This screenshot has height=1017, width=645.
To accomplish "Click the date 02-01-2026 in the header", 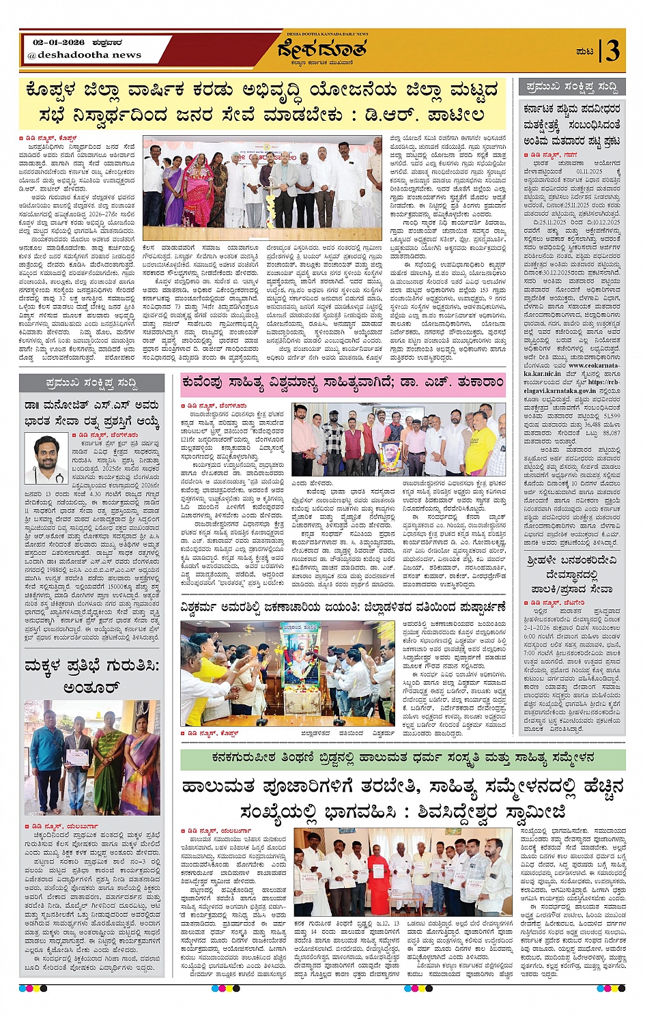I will (x=58, y=42).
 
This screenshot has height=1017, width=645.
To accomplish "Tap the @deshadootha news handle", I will (x=84, y=55).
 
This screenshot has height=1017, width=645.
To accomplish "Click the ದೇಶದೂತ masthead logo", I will (x=322, y=50).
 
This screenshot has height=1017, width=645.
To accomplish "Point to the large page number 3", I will (x=613, y=51).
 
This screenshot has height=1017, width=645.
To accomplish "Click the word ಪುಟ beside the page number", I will (x=584, y=51).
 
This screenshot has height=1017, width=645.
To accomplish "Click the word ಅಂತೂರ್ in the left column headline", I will (x=91, y=687).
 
